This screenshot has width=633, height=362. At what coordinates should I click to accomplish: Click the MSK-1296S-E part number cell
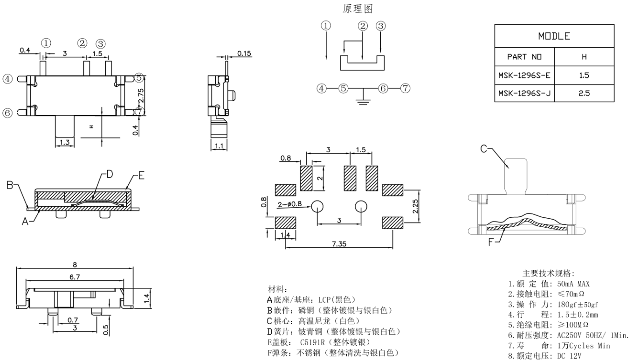[x=524, y=75]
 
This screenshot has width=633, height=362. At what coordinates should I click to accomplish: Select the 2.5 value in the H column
[x=584, y=93]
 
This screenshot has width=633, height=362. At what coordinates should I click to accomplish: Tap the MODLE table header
[x=554, y=36]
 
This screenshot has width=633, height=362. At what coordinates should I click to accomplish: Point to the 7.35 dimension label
[x=339, y=244]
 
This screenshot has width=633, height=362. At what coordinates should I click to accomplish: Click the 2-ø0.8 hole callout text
[x=289, y=204]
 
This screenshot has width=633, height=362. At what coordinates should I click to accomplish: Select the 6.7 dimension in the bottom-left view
[x=75, y=277]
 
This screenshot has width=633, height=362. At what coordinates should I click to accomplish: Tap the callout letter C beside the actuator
[x=484, y=149]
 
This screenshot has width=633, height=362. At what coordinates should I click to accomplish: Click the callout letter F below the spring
[x=491, y=242]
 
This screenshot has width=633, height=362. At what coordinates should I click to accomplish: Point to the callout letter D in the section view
[x=110, y=174]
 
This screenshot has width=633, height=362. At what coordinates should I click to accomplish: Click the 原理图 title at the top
[x=358, y=9]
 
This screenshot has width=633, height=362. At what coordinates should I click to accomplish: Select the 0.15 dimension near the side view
[x=244, y=54]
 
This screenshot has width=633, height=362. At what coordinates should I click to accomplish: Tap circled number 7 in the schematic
[x=405, y=88]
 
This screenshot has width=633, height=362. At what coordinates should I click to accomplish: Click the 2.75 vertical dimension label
[x=141, y=96]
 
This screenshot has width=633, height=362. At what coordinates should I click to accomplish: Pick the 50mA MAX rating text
[x=573, y=284]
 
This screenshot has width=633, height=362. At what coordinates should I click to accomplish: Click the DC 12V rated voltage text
[x=569, y=356]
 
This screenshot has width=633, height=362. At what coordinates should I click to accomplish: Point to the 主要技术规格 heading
[x=548, y=273]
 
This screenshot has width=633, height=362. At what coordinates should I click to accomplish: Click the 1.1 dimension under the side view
[x=219, y=146]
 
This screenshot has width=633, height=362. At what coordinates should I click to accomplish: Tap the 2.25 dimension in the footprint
[x=415, y=207]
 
